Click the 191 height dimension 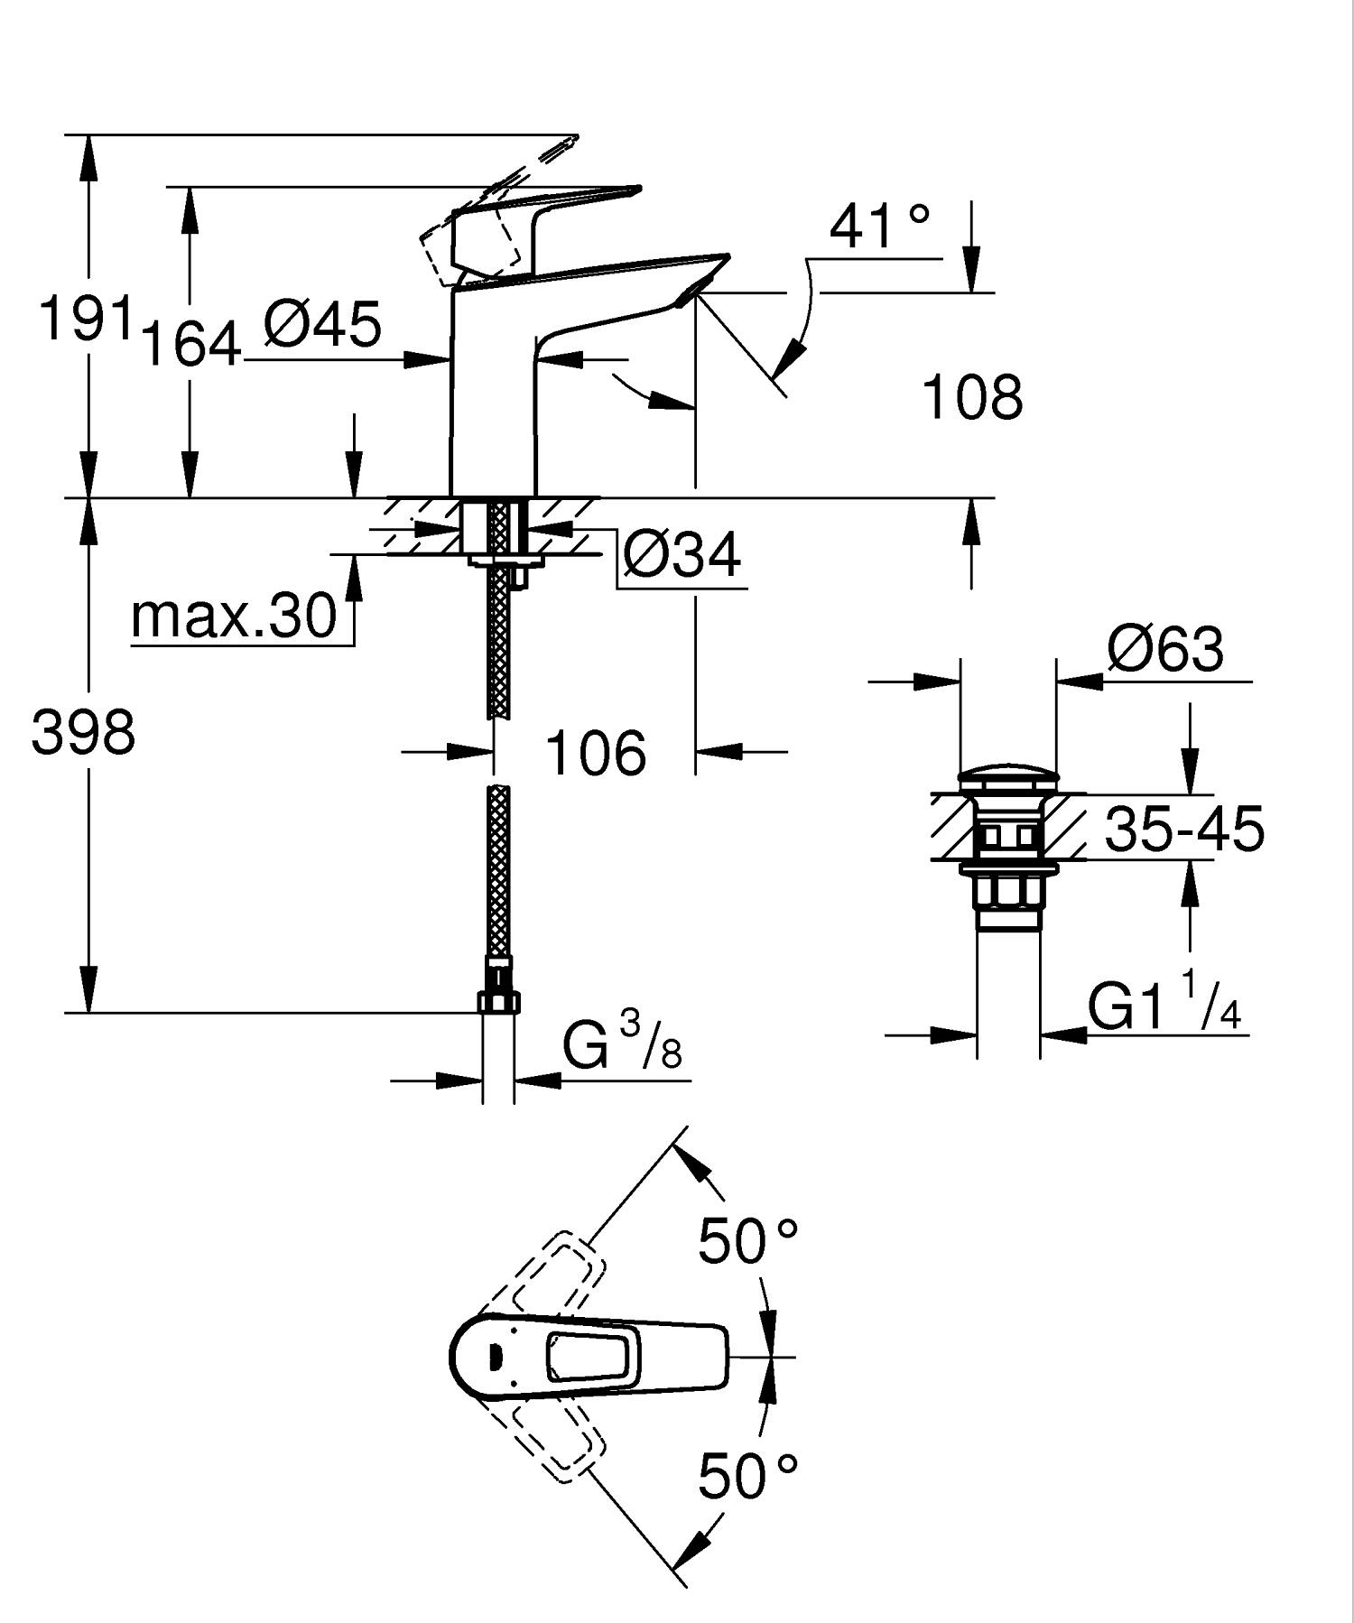pyautogui.click(x=87, y=318)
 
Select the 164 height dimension pyautogui.click(x=192, y=344)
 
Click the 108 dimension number pyautogui.click(x=972, y=396)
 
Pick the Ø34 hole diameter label pyautogui.click(x=682, y=554)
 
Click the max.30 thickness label pyautogui.click(x=234, y=617)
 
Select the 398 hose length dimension pyautogui.click(x=83, y=732)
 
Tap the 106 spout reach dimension pyautogui.click(x=597, y=753)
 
